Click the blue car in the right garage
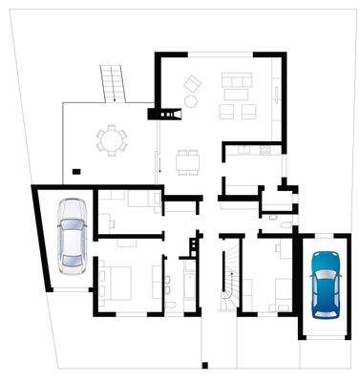pyautogui.click(x=326, y=284)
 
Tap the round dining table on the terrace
pyautogui.click(x=112, y=140)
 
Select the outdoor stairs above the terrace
pyautogui.click(x=116, y=84)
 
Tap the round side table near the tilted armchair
pyautogui.click(x=189, y=100)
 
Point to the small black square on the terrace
pyautogui.click(x=76, y=173)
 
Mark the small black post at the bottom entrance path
pyautogui.click(x=202, y=363)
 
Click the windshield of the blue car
pyautogui.click(x=326, y=274)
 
